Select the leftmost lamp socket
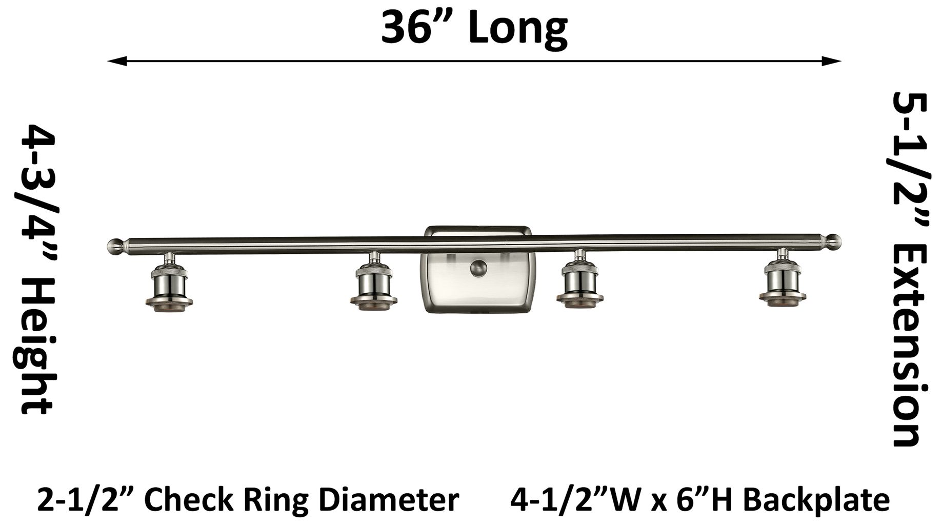pyautogui.click(x=169, y=288)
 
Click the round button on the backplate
pyautogui.click(x=478, y=268)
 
